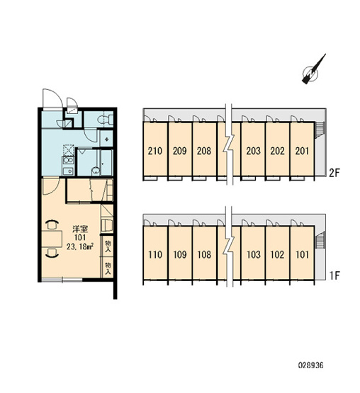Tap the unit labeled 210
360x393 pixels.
tap(155, 151)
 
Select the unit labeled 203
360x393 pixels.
tap(253, 151)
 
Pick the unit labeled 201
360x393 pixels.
tap(302, 151)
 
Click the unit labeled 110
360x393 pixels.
tap(155, 254)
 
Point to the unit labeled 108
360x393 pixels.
tap(204, 254)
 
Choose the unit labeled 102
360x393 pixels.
tap(278, 254)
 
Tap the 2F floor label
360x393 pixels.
tap(334, 173)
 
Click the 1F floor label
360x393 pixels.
tap(334, 275)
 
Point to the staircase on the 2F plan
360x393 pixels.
tap(320, 130)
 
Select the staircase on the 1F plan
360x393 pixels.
tap(320, 240)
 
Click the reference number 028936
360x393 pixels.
tap(310, 365)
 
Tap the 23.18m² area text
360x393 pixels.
tap(80, 247)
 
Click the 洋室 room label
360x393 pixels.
tap(80, 229)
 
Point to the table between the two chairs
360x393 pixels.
tap(52, 239)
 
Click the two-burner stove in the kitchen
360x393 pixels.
tap(68, 160)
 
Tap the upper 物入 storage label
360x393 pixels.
tap(108, 246)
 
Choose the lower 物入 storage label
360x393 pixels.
tap(108, 268)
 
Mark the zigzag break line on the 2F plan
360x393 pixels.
tap(230, 144)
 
